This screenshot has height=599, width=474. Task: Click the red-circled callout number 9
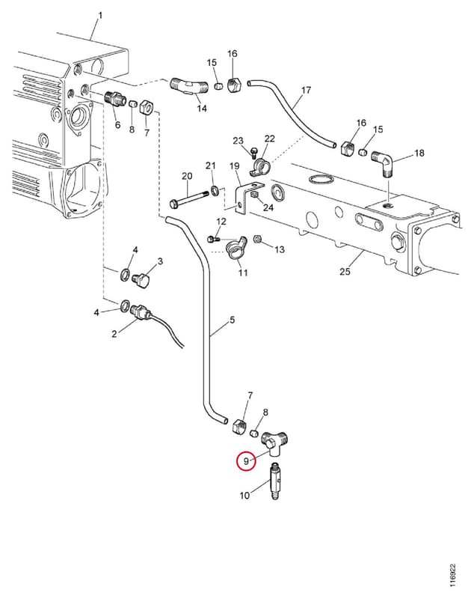tap(246, 460)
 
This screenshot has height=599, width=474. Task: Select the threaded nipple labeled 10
tap(275, 481)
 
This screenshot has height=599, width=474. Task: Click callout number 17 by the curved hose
tap(307, 90)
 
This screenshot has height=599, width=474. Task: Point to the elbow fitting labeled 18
tap(384, 162)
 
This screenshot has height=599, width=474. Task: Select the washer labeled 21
tap(215, 190)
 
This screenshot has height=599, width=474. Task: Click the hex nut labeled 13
tap(257, 239)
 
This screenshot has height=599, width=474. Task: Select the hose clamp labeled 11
tap(236, 249)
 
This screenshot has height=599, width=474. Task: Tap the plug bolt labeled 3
tap(141, 279)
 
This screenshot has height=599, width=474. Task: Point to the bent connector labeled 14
tap(188, 86)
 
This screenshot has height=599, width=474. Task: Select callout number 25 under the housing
tap(345, 272)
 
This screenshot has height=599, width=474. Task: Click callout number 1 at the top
tap(100, 16)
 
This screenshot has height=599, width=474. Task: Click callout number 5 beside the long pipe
tap(233, 320)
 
